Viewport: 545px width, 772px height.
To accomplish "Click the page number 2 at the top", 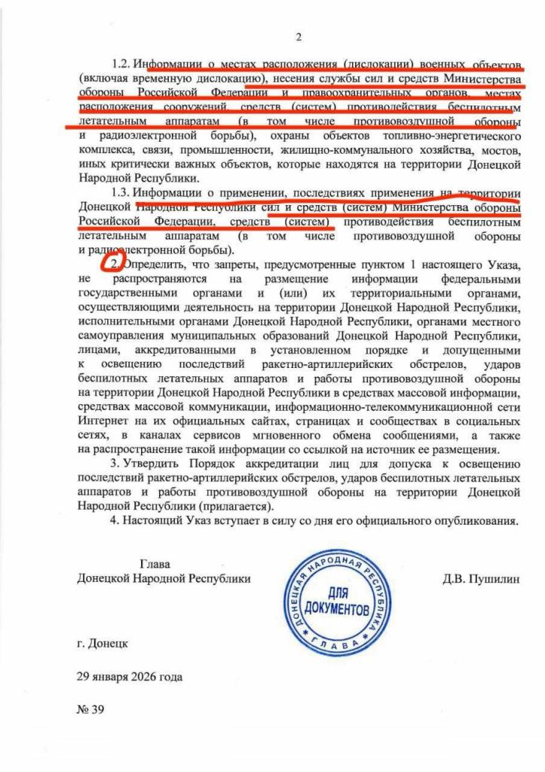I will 299,37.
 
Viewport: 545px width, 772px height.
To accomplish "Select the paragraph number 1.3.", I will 122,194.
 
